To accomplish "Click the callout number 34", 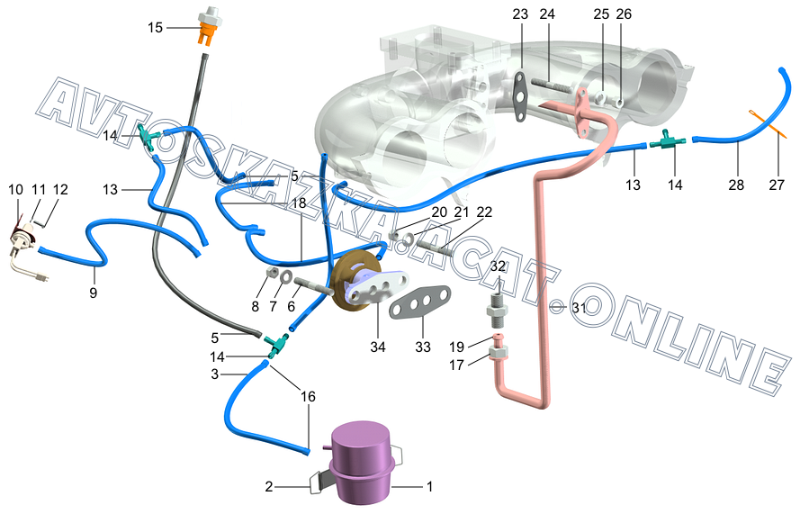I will [378, 347].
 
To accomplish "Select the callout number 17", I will [457, 366].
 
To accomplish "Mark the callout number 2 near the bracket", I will [268, 487].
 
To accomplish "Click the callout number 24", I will [547, 14].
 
